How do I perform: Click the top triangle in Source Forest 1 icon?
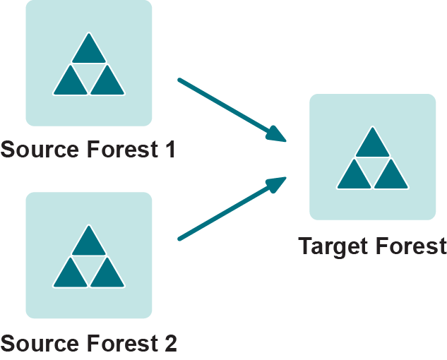tap(89, 50)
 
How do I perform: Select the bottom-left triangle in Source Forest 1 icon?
tap(71, 82)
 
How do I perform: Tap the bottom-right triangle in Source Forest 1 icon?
tap(107, 82)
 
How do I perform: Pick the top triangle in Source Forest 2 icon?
tap(89, 243)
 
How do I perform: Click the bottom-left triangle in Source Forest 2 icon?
tap(71, 274)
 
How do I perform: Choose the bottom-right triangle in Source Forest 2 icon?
tap(107, 274)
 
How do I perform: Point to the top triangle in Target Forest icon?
tap(372, 144)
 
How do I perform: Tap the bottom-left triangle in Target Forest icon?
tap(354, 176)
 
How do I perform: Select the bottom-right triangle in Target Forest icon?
tap(391, 176)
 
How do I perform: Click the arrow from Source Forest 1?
tap(226, 107)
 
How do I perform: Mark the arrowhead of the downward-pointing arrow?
tap(277, 133)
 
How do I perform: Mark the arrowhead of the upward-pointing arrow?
tap(277, 184)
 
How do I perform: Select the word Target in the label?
tap(334, 247)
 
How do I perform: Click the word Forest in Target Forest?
tap(412, 247)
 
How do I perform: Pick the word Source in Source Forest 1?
tap(40, 150)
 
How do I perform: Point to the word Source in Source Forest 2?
tap(40, 344)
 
